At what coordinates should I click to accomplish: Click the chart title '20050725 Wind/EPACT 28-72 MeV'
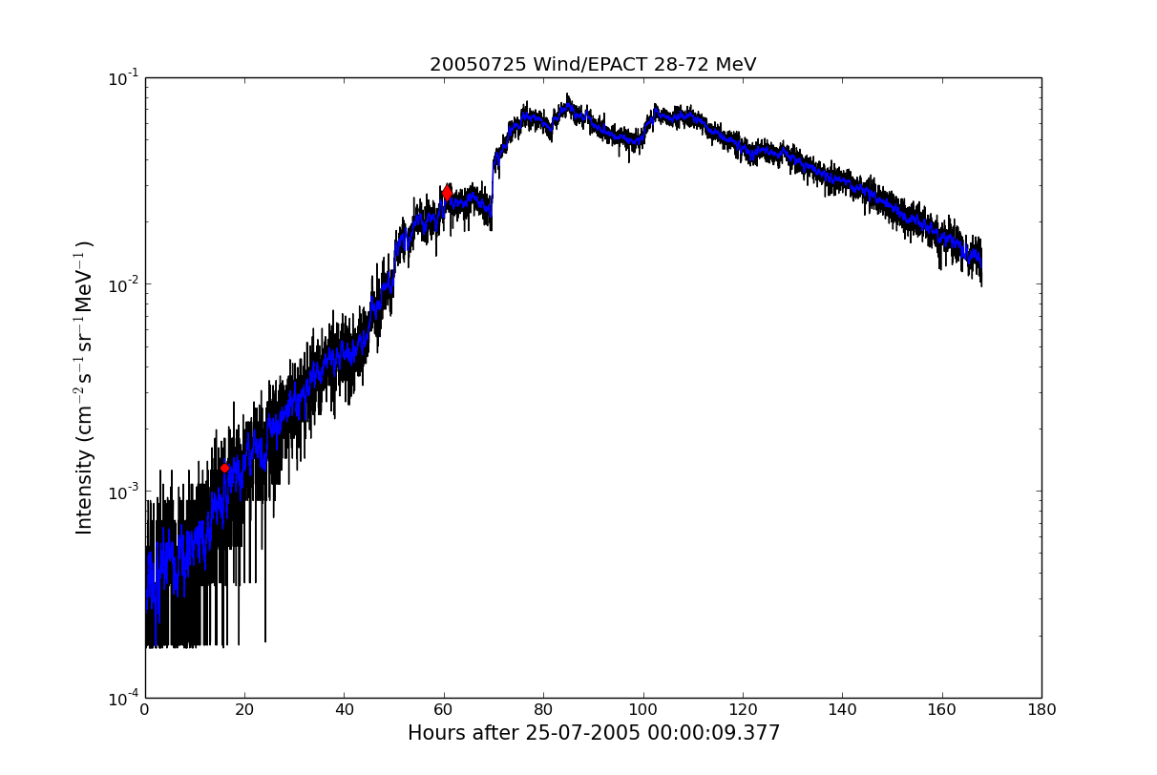[592, 65]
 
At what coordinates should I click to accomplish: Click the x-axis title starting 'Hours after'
[593, 733]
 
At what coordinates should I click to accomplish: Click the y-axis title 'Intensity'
[85, 387]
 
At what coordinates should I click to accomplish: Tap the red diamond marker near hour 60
[447, 193]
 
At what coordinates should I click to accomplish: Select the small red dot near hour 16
[225, 468]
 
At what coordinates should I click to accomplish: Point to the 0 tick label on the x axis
[145, 710]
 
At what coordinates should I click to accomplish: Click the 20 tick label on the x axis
[244, 710]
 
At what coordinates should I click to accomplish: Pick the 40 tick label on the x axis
[345, 710]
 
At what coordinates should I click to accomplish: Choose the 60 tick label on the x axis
[444, 710]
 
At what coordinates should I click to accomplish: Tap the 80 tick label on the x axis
[543, 710]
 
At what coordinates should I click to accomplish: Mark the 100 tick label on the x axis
[643, 710]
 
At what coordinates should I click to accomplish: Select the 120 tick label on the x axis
[743, 710]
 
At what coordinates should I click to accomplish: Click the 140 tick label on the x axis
[842, 710]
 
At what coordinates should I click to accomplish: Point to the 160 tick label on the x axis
[942, 710]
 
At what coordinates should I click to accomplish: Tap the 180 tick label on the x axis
[1041, 710]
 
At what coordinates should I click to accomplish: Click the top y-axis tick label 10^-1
[123, 77]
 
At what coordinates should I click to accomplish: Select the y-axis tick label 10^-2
[123, 284]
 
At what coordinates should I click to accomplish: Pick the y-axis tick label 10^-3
[123, 491]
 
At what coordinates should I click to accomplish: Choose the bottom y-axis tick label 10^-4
[123, 698]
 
